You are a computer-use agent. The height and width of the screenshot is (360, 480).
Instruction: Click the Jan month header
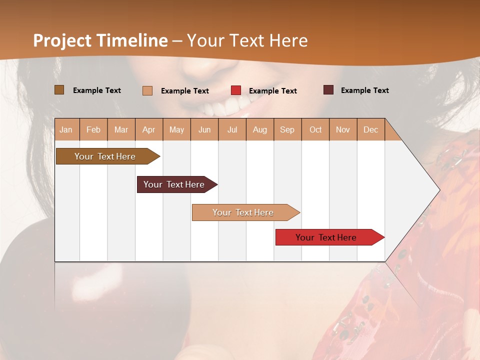[x=66, y=129]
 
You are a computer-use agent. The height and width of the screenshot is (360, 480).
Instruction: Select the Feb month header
[x=93, y=129]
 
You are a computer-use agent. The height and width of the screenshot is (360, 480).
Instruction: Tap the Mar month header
[x=121, y=129]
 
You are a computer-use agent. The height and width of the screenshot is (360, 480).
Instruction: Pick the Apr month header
[x=149, y=129]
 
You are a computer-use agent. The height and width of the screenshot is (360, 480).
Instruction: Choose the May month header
[x=176, y=129]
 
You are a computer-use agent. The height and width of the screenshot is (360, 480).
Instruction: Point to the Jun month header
[x=204, y=129]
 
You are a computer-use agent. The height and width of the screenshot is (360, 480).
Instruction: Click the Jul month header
[x=232, y=129]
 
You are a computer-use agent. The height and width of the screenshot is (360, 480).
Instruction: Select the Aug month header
[x=260, y=129]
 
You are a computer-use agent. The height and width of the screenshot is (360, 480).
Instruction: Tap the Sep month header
[x=287, y=129]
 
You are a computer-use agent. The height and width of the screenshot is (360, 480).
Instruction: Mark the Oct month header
[x=315, y=129]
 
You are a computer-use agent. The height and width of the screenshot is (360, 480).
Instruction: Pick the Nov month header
[x=343, y=129]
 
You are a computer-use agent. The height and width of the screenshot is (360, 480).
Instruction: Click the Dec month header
[x=371, y=129]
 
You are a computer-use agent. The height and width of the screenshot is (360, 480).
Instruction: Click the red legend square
[x=236, y=90]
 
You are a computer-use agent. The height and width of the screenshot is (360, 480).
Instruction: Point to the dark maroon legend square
[x=328, y=90]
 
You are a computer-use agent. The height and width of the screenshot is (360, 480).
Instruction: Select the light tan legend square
[x=147, y=90]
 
